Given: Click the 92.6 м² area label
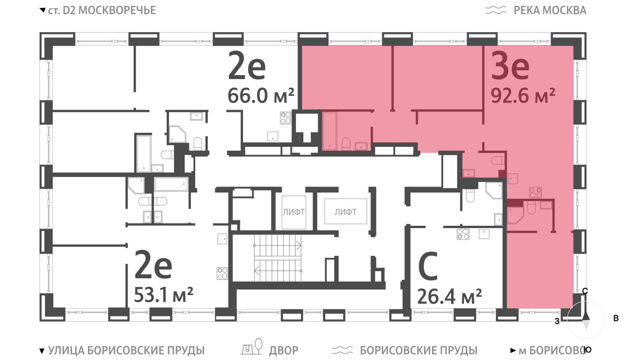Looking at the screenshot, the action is tap(523, 95).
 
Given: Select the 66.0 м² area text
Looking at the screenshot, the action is tap(261, 95).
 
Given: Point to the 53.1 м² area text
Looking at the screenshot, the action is tap(164, 295).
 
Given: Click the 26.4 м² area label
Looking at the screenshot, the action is tap(450, 296).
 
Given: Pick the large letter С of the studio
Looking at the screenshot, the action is tap(428, 266).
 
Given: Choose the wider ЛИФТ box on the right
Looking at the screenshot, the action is tap(345, 211).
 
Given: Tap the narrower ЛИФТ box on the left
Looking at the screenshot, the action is tap(294, 212).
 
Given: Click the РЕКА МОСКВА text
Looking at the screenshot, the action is tap(550, 10).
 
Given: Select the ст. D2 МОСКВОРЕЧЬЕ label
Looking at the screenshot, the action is tap(102, 10).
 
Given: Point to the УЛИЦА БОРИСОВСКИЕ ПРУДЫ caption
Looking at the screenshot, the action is tap(126, 350).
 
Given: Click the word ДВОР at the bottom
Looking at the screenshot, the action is tap(284, 351).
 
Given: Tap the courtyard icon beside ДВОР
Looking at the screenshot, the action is tap(252, 347).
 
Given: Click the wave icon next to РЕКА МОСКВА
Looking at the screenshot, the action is tap(496, 10).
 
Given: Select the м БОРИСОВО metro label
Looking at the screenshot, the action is tap(552, 350).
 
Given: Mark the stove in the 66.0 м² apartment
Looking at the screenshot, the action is tap(286, 118).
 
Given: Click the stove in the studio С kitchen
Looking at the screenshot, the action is tap(463, 234).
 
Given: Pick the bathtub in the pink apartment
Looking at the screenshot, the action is tap(329, 131).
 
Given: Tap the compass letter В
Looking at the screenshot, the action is tap(616, 318).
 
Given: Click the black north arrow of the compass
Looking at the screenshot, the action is tap(586, 316).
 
